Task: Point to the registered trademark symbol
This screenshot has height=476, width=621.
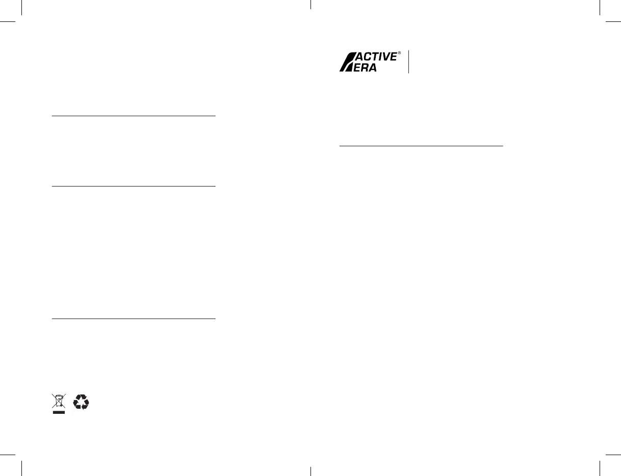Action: pyautogui.click(x=399, y=52)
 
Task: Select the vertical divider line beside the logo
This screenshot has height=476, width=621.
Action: pyautogui.click(x=409, y=62)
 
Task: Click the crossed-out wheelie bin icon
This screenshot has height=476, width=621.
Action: pyautogui.click(x=59, y=401)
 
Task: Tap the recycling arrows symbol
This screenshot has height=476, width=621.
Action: pyautogui.click(x=81, y=402)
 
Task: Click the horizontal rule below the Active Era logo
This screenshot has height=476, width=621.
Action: pyautogui.click(x=421, y=146)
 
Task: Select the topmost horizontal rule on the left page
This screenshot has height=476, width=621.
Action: pyautogui.click(x=134, y=116)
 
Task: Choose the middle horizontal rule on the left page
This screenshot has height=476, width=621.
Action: pyautogui.click(x=134, y=186)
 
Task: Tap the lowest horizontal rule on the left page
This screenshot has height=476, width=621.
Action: pyautogui.click(x=134, y=319)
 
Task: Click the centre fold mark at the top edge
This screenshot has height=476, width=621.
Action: pyautogui.click(x=310, y=5)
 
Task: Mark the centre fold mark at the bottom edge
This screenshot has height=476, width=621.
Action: pyautogui.click(x=310, y=471)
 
